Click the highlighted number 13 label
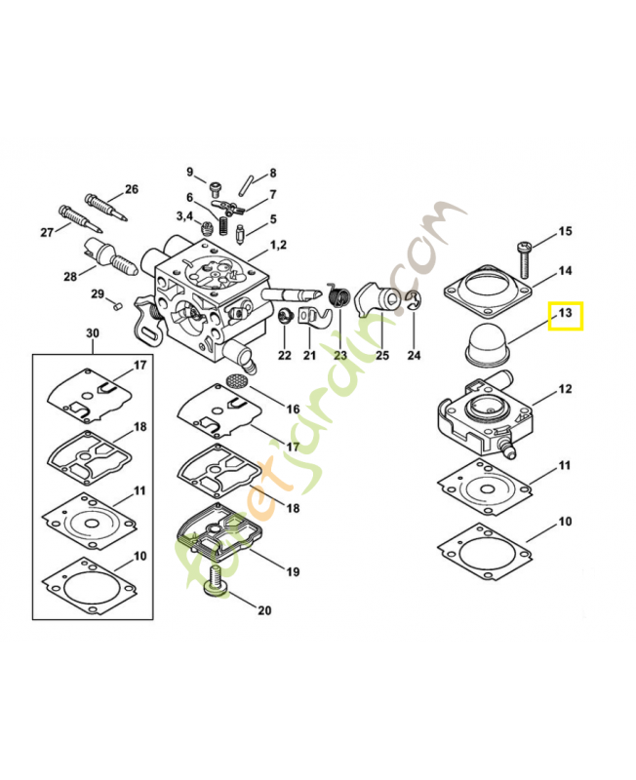565,314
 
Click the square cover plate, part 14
485,292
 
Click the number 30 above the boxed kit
93,333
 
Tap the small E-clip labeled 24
414,302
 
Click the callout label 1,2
278,244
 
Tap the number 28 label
70,277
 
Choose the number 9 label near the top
190,172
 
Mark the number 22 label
284,355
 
